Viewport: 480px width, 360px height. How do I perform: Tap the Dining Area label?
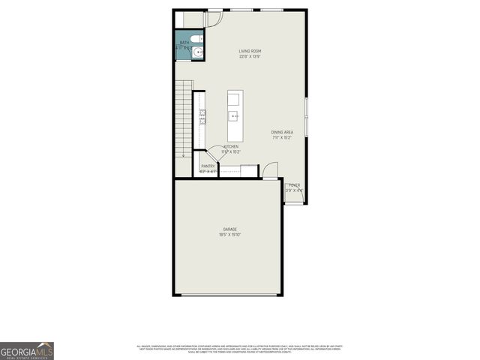coord(282,133)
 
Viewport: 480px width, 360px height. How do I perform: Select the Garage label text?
coord(229,229)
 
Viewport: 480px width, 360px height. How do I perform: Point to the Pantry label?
coord(208,166)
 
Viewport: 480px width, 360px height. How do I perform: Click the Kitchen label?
coord(230,146)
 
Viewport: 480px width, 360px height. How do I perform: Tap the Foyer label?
coord(294,184)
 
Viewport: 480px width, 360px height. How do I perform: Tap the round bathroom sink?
coord(198,52)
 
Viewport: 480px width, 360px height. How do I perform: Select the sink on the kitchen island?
coord(235,116)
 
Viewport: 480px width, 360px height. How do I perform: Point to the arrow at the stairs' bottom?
coord(184,155)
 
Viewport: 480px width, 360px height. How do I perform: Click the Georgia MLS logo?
coord(27,351)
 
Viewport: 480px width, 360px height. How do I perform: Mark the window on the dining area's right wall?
coord(306,115)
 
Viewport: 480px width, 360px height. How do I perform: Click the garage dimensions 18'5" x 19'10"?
coord(229,235)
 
